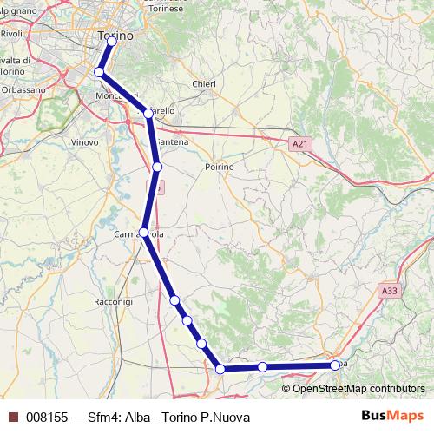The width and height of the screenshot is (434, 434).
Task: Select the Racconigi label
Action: [x=111, y=301]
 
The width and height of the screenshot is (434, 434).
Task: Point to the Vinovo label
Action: [x=85, y=141]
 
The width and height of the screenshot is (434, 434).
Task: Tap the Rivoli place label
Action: [x=11, y=33]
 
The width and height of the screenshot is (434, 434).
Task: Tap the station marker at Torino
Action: [x=112, y=41]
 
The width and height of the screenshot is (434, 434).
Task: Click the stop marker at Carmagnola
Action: [x=144, y=233]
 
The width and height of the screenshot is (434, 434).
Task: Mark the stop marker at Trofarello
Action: [x=148, y=112]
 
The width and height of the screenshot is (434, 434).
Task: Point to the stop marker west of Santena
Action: [x=157, y=166]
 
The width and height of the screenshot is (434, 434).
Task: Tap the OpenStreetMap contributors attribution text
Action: [x=358, y=388]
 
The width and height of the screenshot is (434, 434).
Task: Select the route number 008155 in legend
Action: [x=47, y=418]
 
